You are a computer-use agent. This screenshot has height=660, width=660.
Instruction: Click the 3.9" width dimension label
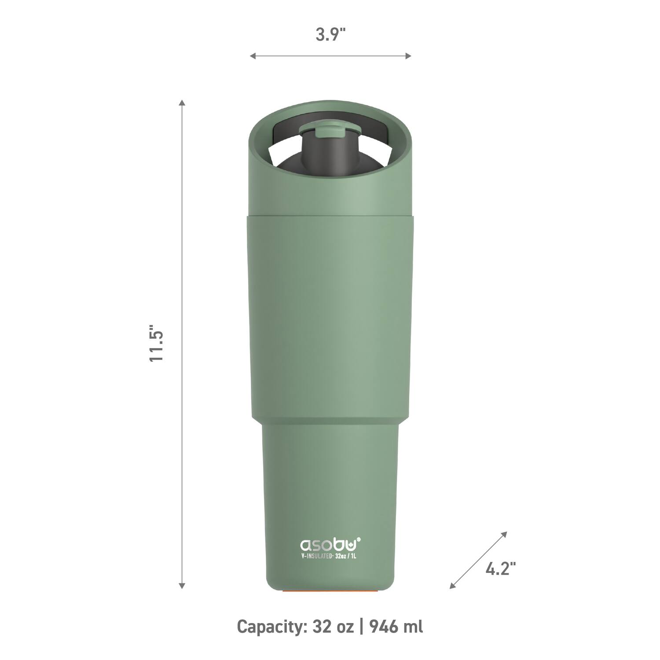point(330,35)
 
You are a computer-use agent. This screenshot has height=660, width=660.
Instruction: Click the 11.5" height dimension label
point(157,344)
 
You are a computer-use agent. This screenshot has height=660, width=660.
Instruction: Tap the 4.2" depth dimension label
point(500,569)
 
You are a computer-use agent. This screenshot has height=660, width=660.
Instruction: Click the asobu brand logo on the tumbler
point(330,544)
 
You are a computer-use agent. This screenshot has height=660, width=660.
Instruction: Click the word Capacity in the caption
point(271,626)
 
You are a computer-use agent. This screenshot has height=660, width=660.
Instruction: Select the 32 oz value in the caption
point(333,626)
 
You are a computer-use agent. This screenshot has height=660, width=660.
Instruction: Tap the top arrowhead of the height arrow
point(182,103)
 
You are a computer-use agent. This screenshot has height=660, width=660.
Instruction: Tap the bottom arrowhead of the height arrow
point(182,586)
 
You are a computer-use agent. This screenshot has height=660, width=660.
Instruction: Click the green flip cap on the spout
point(331,130)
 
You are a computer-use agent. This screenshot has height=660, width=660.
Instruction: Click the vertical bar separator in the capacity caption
point(361,626)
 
